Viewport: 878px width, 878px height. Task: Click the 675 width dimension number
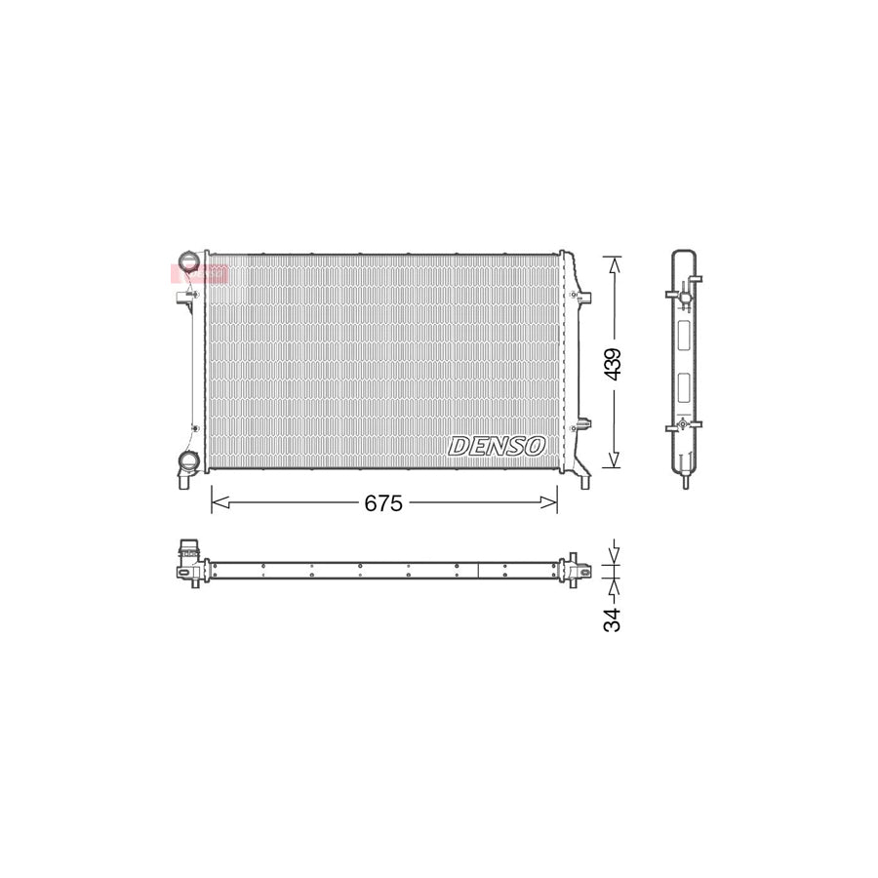(383, 503)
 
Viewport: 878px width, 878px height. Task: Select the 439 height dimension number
(612, 363)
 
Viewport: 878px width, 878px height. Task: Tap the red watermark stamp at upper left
(199, 273)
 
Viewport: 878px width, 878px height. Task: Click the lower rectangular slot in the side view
(684, 386)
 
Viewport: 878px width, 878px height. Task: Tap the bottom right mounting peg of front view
(583, 478)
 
